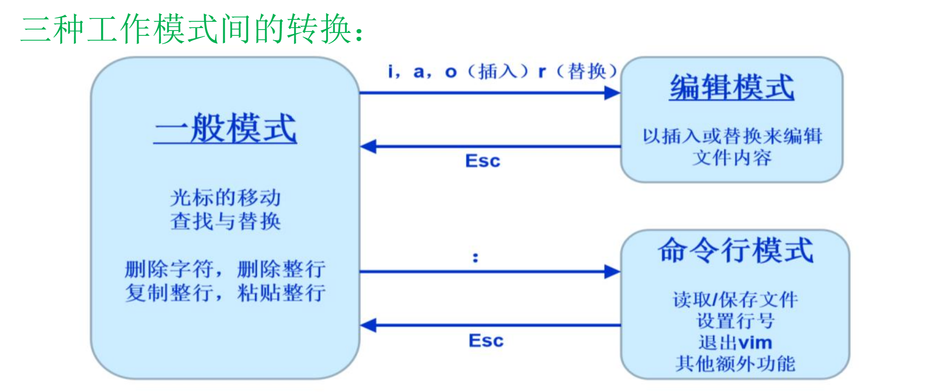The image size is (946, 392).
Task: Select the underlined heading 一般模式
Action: click(x=225, y=128)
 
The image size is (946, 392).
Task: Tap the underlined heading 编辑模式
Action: click(x=731, y=87)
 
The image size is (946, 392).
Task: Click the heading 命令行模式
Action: click(x=735, y=250)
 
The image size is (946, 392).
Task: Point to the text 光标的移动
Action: click(x=225, y=197)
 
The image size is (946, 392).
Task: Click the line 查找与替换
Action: click(x=225, y=221)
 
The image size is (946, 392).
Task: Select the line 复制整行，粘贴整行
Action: click(x=225, y=293)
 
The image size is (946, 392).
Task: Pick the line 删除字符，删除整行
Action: click(x=225, y=269)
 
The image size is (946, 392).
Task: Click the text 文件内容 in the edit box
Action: click(x=731, y=158)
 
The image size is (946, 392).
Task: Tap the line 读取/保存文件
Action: click(x=735, y=300)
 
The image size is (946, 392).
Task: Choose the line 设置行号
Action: click(x=735, y=321)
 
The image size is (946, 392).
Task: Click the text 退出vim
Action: click(x=735, y=343)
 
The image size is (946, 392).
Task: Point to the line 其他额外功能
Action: click(x=735, y=364)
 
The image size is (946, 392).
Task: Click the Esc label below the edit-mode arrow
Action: click(x=483, y=161)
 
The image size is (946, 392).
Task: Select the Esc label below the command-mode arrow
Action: click(x=486, y=341)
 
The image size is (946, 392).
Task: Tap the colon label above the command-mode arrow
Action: click(x=475, y=257)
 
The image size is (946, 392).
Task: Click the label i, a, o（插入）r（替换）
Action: click(x=502, y=72)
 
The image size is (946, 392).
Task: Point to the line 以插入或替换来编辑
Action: click(x=731, y=136)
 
